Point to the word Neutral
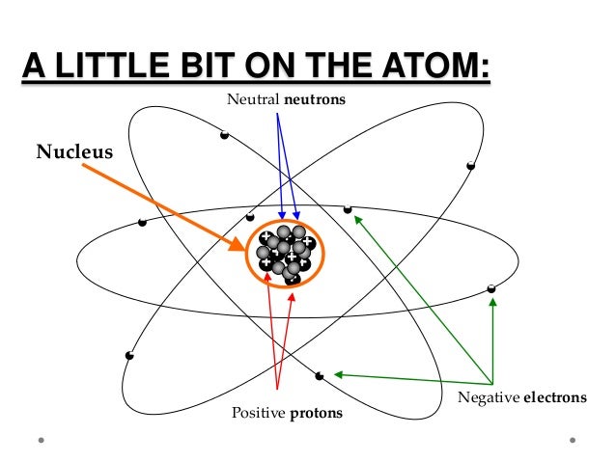point(249,99)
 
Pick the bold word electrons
point(554,397)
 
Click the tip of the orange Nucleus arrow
point(243,248)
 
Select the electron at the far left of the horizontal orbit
point(142,223)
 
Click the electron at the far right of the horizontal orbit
point(491,288)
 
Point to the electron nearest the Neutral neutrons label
point(224,134)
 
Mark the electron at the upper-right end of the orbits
point(471,166)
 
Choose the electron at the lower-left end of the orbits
point(129,356)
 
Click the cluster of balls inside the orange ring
point(286,255)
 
